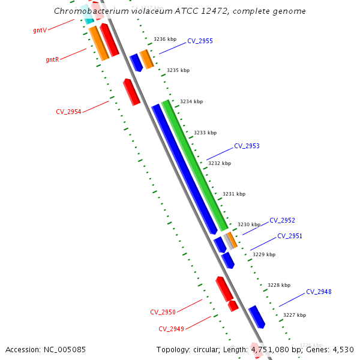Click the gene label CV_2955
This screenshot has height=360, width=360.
[x=200, y=41]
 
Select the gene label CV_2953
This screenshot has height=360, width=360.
[x=247, y=146]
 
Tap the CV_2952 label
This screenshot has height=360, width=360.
[x=282, y=220]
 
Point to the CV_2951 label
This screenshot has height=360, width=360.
[x=290, y=236]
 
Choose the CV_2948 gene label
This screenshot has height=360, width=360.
[x=319, y=292]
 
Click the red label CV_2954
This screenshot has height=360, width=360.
[x=68, y=112]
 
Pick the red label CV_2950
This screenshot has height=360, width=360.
[x=163, y=312]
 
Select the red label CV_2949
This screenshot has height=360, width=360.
[x=171, y=329]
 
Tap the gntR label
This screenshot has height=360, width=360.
[x=52, y=59]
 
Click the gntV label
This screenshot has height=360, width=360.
[x=40, y=29]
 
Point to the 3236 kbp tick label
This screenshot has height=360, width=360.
[x=165, y=39]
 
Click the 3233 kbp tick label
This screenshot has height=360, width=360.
[x=205, y=133]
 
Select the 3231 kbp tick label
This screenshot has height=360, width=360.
[x=234, y=194]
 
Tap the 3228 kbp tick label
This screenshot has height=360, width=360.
[x=279, y=285]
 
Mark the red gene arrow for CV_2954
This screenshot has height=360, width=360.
[x=131, y=92]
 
